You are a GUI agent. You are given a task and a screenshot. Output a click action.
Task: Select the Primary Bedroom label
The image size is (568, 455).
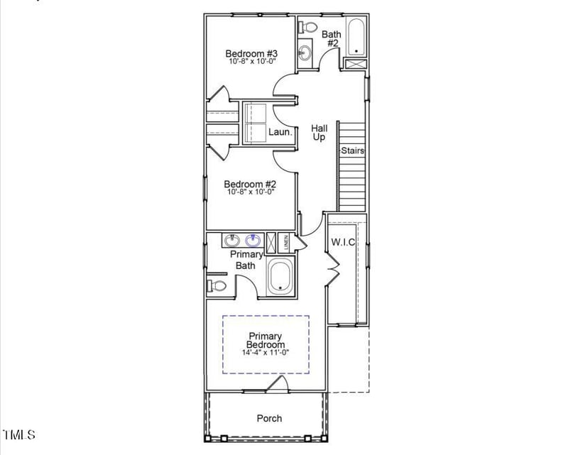coord(266,341)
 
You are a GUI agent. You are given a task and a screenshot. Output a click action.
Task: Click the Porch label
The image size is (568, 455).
coord(269,418)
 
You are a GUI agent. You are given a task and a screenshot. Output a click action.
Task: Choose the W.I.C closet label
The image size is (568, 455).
coord(343,242)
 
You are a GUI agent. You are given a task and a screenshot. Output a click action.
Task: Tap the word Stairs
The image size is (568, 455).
coord(353,150)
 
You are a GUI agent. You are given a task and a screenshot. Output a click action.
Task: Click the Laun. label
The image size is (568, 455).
coord(280,132)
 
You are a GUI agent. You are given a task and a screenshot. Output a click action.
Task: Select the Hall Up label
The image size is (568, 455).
coord(319,133)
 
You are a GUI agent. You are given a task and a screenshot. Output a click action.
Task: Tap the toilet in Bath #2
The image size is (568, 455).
coord(309,27)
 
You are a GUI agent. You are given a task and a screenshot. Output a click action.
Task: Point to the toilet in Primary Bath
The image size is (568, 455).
coord(217,286)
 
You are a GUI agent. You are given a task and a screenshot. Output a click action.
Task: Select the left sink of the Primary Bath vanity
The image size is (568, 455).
coord(231,241)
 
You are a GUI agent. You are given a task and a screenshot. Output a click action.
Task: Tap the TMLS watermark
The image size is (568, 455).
coord(19,434)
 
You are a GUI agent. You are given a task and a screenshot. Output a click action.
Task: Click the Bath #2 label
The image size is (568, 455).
coord(332,38)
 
